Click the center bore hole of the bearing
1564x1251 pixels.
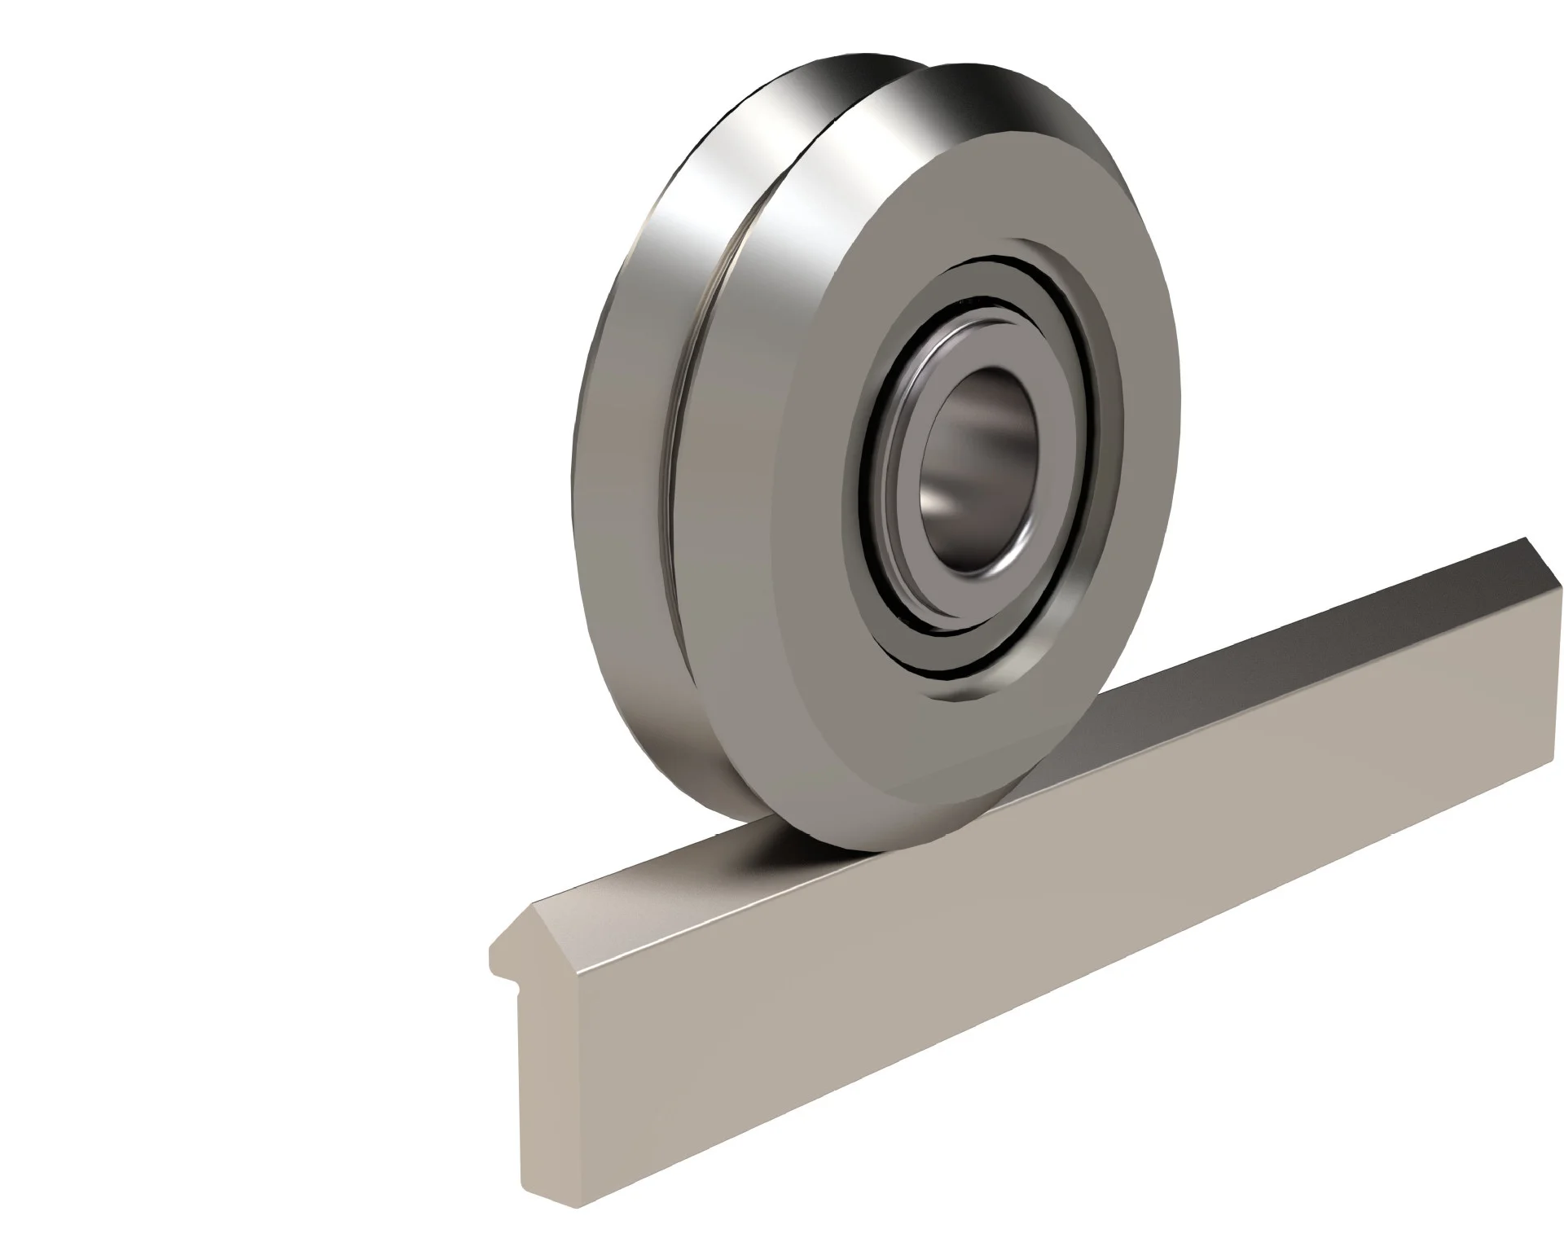point(977,472)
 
